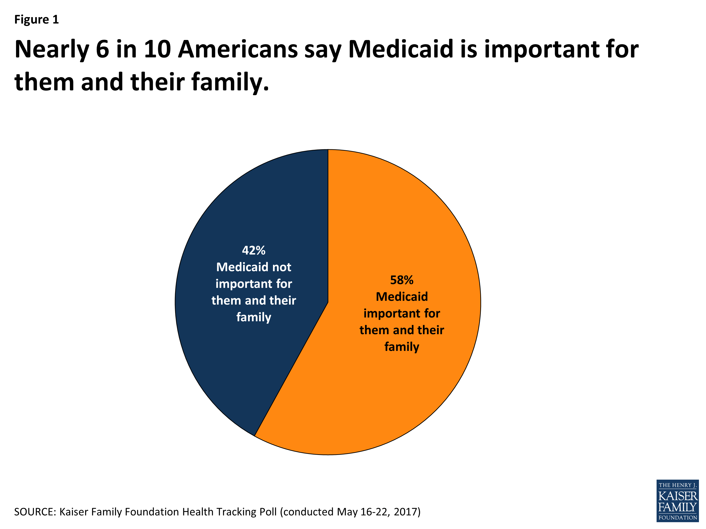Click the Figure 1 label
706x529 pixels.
[36, 20]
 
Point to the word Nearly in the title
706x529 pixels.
[52, 50]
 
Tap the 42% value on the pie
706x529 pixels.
[253, 250]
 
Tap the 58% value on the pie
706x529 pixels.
[401, 280]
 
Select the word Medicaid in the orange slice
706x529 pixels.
[401, 296]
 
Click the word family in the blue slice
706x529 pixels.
[253, 317]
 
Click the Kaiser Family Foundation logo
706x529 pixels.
[677, 501]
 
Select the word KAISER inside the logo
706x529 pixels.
[678, 496]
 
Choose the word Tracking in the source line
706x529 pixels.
[234, 512]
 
